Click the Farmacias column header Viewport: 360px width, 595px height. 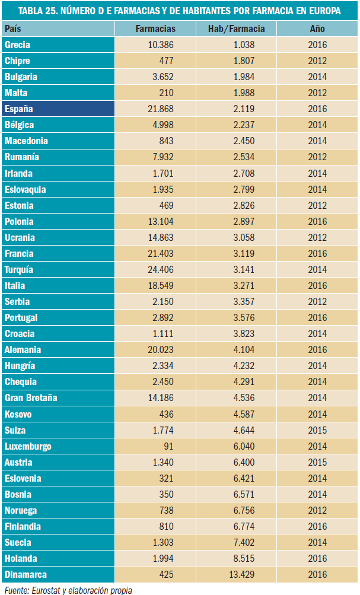click(155, 28)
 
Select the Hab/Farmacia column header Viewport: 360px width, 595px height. click(237, 28)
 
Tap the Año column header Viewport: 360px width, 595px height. click(317, 28)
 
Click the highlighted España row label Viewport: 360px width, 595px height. click(18, 109)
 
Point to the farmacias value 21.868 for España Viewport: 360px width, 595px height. click(161, 109)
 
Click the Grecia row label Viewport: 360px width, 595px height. click(17, 44)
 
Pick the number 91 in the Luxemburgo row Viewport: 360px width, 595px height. click(168, 446)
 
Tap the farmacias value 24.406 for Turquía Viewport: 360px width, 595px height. click(161, 269)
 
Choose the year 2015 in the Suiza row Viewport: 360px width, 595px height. click(317, 430)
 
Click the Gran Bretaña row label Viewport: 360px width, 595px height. click(31, 397)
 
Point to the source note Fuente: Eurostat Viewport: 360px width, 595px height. click(68, 590)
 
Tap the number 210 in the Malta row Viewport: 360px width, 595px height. click(167, 93)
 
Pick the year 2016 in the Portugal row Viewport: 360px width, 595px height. click(317, 317)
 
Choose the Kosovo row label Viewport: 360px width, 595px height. click(18, 414)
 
